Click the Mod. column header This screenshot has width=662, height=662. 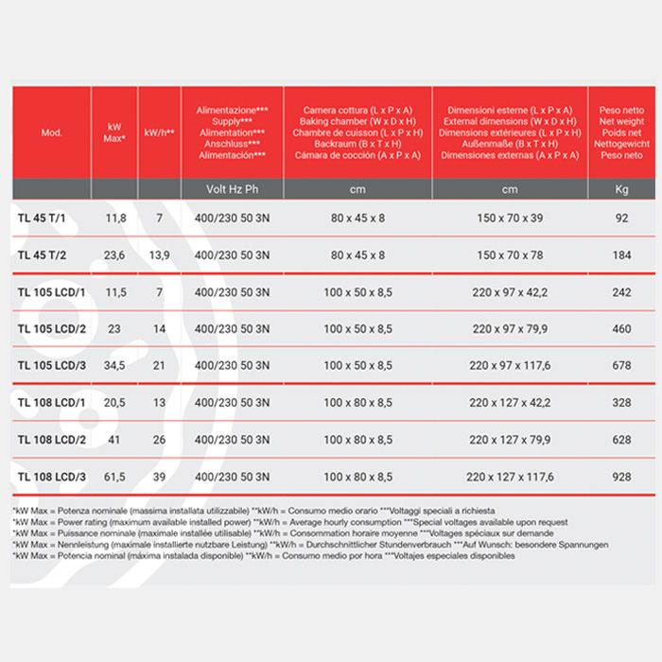52,132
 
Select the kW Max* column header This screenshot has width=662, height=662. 114,132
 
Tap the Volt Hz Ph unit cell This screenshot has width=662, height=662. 232,189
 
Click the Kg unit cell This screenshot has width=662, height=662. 621,189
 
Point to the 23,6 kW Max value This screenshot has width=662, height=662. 114,255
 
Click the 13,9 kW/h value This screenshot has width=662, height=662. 160,255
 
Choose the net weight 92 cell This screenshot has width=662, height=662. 621,218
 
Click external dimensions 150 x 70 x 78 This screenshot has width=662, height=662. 510,255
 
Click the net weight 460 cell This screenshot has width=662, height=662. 621,328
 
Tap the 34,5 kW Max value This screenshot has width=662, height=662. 114,365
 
